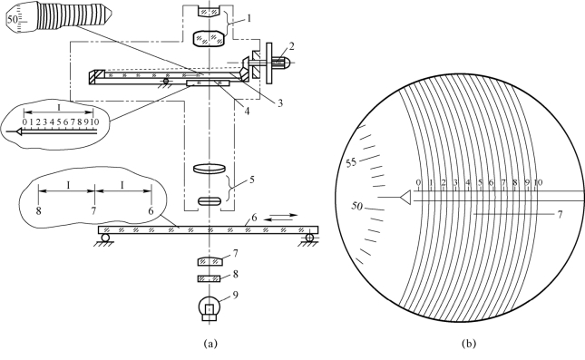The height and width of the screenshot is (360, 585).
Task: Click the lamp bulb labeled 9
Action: tap(210, 308)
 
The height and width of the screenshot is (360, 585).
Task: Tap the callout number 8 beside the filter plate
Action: tap(235, 274)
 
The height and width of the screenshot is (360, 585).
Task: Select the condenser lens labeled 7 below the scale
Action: tap(210, 261)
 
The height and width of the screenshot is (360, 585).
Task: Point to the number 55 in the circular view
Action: tap(351, 162)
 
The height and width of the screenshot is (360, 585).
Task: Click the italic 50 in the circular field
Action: tap(356, 206)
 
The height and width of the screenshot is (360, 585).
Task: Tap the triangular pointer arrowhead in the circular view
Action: tap(405, 197)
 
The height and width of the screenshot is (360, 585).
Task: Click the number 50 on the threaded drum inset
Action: tap(12, 19)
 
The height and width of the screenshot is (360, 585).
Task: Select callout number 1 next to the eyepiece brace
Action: tap(249, 18)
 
